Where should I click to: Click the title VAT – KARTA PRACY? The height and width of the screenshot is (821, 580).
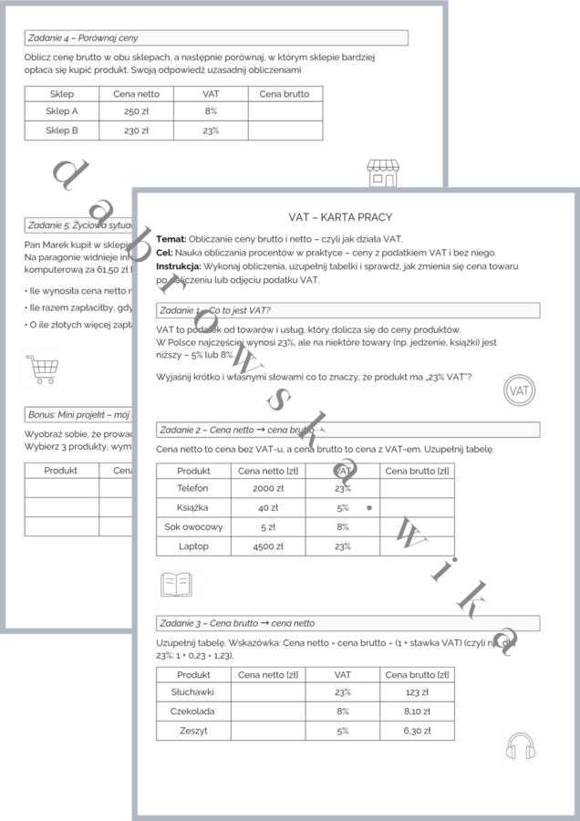340,217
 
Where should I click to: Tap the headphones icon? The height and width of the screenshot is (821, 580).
519,745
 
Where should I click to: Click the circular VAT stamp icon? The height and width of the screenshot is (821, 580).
519,390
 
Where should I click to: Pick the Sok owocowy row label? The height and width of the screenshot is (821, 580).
193,527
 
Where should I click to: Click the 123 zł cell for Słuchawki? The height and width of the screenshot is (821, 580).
417,692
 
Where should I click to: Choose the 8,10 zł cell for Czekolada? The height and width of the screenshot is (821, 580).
417,712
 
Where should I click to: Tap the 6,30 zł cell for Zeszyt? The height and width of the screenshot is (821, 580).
417,731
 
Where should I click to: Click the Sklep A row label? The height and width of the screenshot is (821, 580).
62,111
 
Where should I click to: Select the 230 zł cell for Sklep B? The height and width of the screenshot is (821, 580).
136,130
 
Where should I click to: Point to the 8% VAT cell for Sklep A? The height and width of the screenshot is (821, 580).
211,111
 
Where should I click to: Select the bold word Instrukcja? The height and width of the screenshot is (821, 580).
177,266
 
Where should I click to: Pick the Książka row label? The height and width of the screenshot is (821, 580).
193,507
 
